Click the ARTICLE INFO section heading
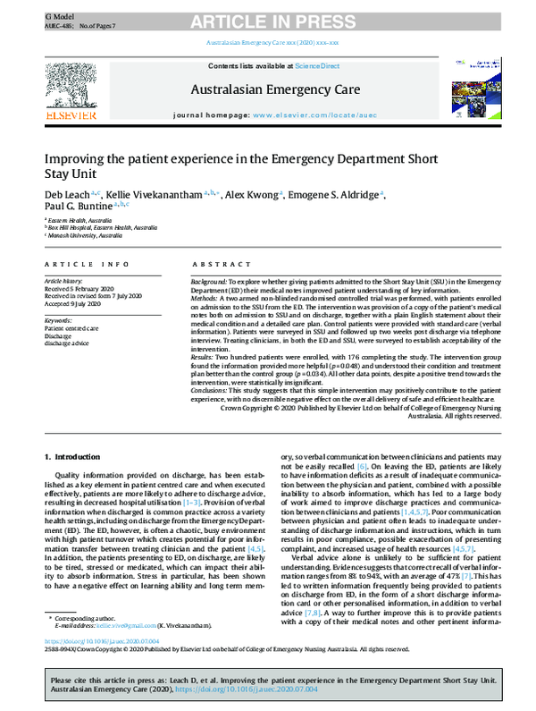[78, 265]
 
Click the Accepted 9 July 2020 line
[74, 303]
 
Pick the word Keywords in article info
[58, 319]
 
